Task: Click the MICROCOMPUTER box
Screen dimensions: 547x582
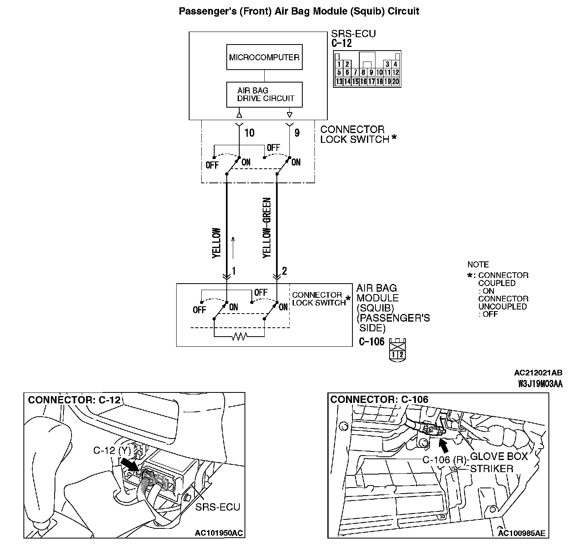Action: [x=264, y=57]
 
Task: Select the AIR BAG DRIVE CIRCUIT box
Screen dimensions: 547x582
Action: [x=264, y=94]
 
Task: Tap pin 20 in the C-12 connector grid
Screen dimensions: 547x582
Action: [x=395, y=82]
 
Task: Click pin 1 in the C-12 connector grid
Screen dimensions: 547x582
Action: [x=339, y=64]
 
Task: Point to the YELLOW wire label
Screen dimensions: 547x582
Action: [x=217, y=243]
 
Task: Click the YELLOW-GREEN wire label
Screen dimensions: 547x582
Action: [x=267, y=228]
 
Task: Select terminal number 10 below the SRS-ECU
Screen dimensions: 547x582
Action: [x=249, y=133]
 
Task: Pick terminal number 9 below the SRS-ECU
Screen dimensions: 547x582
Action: [x=297, y=133]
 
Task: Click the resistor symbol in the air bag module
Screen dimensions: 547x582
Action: [x=239, y=336]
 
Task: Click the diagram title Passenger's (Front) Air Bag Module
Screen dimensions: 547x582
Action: [x=299, y=11]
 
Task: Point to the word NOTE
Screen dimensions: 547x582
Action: [x=478, y=265]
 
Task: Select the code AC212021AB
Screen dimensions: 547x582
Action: [x=538, y=373]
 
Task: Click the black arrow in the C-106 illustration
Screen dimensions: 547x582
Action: [x=443, y=445]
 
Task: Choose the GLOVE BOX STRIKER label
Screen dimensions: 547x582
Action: [x=499, y=462]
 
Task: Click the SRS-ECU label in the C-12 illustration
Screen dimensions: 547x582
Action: [x=217, y=507]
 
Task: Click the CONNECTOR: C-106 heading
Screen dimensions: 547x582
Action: [x=379, y=400]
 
